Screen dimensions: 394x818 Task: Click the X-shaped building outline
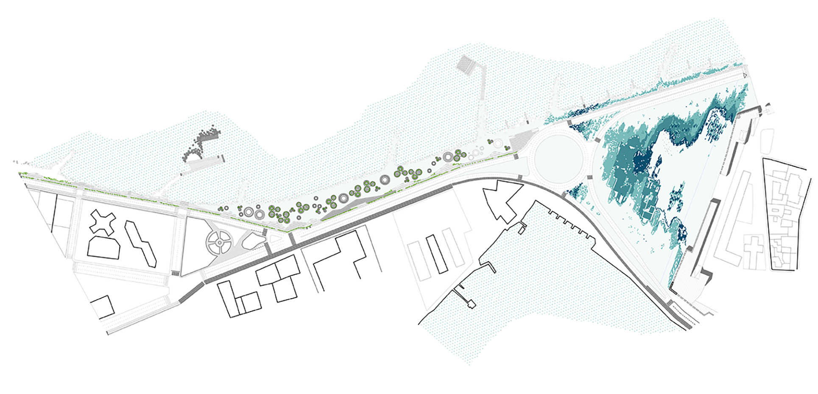[103, 222]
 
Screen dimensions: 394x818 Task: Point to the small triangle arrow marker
[745, 75]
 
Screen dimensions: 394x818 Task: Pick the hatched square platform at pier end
[468, 66]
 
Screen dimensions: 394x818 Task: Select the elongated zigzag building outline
[140, 243]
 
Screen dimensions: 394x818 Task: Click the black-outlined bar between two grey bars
[437, 253]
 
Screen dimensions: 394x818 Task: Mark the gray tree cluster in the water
[201, 142]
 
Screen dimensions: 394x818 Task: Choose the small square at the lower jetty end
[471, 304]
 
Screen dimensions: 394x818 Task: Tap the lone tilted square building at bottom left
[103, 307]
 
